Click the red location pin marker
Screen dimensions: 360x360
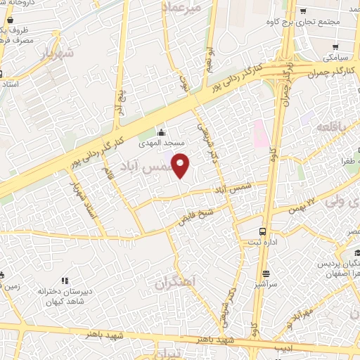pyautogui.click(x=181, y=166)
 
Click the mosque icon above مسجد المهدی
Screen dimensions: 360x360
pyautogui.click(x=161, y=132)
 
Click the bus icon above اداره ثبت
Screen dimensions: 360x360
pyautogui.click(x=262, y=231)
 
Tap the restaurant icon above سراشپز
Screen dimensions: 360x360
pyautogui.click(x=266, y=274)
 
